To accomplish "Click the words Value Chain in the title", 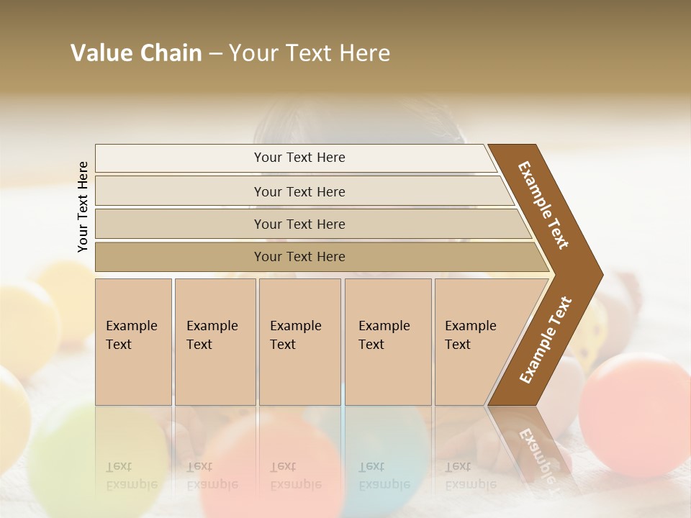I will click(x=136, y=53).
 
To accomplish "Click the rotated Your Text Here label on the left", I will click(x=83, y=206).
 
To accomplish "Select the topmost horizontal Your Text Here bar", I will click(x=299, y=158).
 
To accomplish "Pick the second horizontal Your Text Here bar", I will click(x=299, y=191).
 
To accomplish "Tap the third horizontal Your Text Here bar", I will click(x=299, y=224).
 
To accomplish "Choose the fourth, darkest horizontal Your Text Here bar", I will click(x=299, y=257).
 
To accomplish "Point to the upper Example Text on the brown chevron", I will click(x=543, y=205).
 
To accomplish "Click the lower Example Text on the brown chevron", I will click(x=546, y=340).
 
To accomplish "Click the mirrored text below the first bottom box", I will click(x=130, y=475).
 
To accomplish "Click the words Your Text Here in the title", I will click(x=310, y=53).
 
